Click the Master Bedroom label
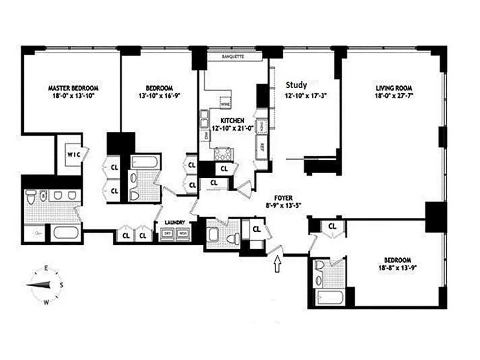(x=73, y=88)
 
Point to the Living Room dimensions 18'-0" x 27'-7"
(x=395, y=95)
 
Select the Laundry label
(x=175, y=222)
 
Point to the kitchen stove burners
(x=222, y=154)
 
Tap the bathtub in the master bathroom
(x=66, y=234)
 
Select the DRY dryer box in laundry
(x=167, y=234)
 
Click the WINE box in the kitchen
(x=225, y=102)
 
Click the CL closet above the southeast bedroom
(x=332, y=226)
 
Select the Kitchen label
(x=232, y=121)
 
